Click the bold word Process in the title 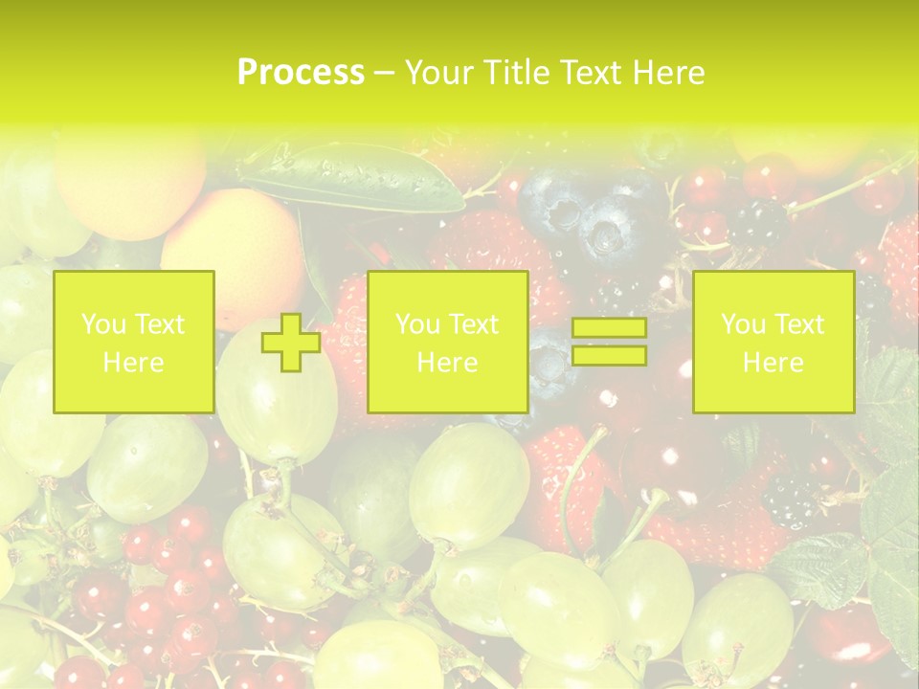pos(301,73)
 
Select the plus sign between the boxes pos(291,343)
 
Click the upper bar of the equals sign pos(609,328)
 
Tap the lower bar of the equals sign pos(609,356)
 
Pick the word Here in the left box pos(133,363)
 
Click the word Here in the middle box pos(447,363)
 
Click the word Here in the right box pos(773,363)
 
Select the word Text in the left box pos(159,324)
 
